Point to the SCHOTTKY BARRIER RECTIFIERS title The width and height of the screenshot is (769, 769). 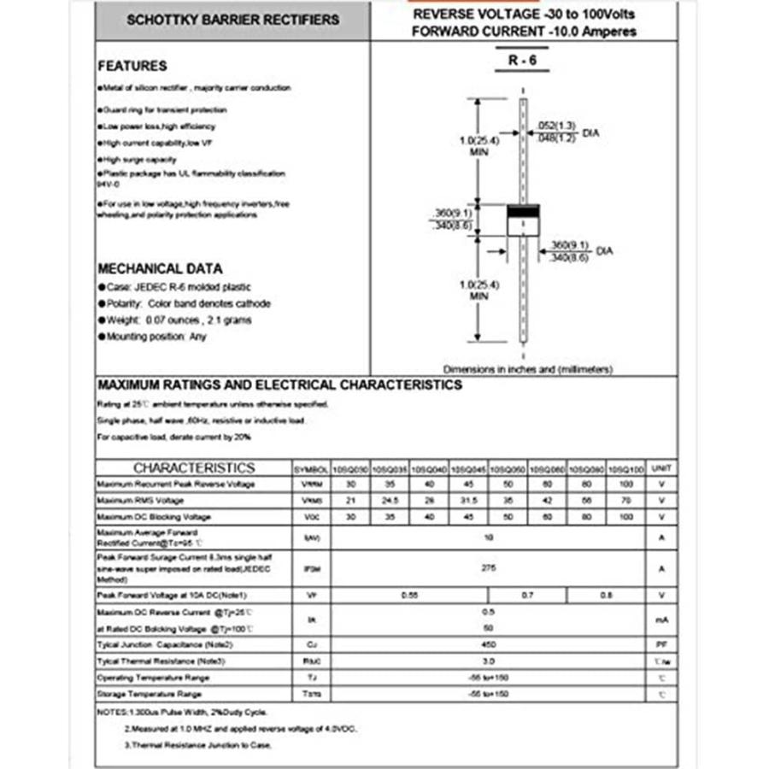pyautogui.click(x=232, y=20)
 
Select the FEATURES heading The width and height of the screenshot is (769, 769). pyautogui.click(x=132, y=66)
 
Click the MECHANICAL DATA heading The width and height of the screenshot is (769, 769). pyautogui.click(x=160, y=268)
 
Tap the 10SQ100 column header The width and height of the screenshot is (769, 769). pyautogui.click(x=628, y=469)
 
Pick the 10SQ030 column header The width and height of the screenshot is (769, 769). pyautogui.click(x=350, y=469)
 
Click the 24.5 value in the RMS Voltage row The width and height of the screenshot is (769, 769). pyautogui.click(x=390, y=501)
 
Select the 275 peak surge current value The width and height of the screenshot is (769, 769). pyautogui.click(x=488, y=567)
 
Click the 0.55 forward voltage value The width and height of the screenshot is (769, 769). pyautogui.click(x=410, y=595)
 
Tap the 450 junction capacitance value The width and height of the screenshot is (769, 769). pyautogui.click(x=488, y=644)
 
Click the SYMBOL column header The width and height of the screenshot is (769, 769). pyautogui.click(x=311, y=469)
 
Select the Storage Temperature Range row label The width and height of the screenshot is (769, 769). pyautogui.click(x=150, y=694)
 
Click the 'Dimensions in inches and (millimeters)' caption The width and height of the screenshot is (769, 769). pyautogui.click(x=528, y=369)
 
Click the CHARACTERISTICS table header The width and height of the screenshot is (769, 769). pyautogui.click(x=194, y=468)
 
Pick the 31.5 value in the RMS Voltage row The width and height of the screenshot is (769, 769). pyautogui.click(x=468, y=501)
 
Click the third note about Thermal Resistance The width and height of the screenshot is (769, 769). pyautogui.click(x=198, y=745)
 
